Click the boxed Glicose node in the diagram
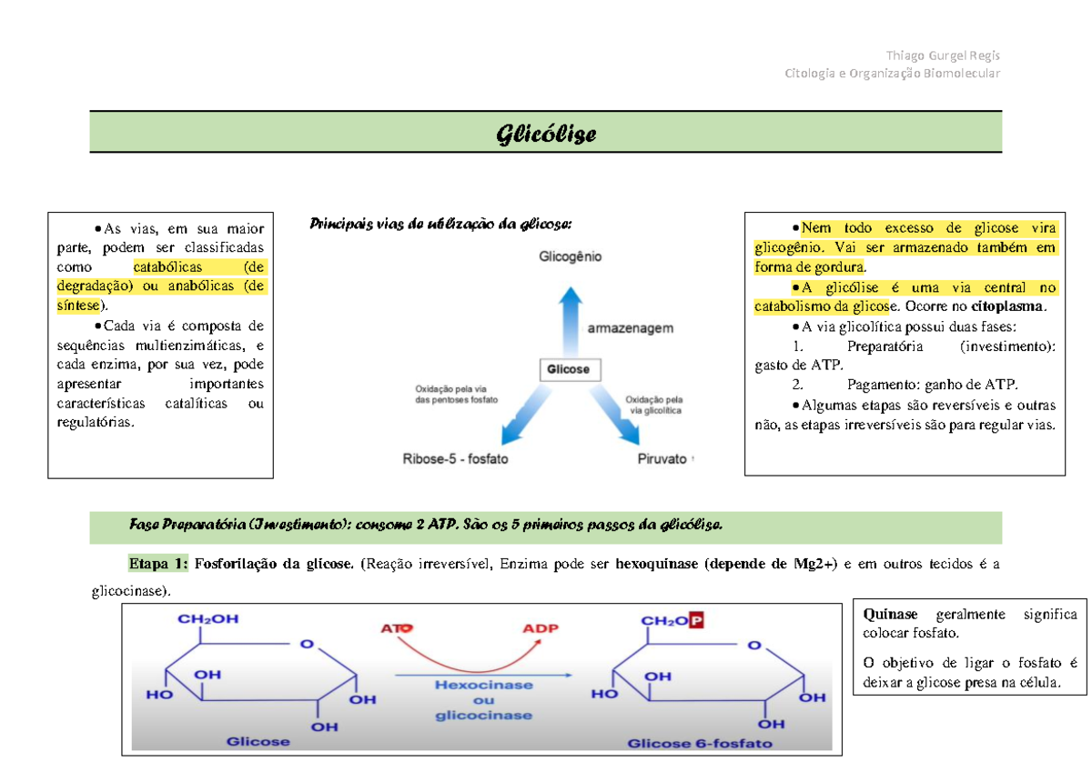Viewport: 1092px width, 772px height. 568,369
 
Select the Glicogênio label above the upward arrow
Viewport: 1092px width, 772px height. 570,257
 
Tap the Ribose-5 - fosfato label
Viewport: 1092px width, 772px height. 456,459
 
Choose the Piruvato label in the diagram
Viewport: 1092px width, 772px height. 661,459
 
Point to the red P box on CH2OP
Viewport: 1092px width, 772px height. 697,620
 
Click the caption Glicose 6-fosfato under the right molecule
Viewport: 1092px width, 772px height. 699,743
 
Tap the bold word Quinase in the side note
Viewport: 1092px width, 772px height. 892,614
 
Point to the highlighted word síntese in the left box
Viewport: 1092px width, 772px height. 76,306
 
